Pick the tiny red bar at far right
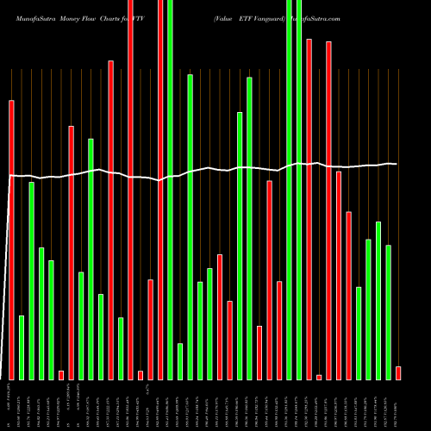tap(398, 372)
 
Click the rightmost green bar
tap(388, 312)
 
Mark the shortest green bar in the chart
tap(180, 361)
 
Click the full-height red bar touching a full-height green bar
tap(160, 190)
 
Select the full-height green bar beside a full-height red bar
tap(170, 190)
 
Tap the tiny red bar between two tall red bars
tap(319, 377)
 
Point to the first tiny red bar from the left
tap(61, 375)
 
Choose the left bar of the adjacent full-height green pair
tap(289, 190)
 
